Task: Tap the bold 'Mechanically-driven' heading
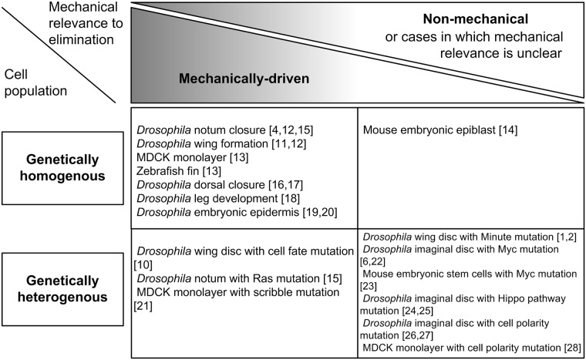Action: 244,79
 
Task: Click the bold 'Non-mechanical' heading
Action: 476,19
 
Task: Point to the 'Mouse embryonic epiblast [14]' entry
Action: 440,130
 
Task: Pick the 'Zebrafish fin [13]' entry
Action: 179,171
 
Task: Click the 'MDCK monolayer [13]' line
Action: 193,157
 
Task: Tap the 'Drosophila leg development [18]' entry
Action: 218,199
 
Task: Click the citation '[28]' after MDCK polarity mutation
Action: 573,348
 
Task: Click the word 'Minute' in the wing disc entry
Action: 498,237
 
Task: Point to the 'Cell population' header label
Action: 35,82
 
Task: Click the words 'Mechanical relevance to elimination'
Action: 86,23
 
